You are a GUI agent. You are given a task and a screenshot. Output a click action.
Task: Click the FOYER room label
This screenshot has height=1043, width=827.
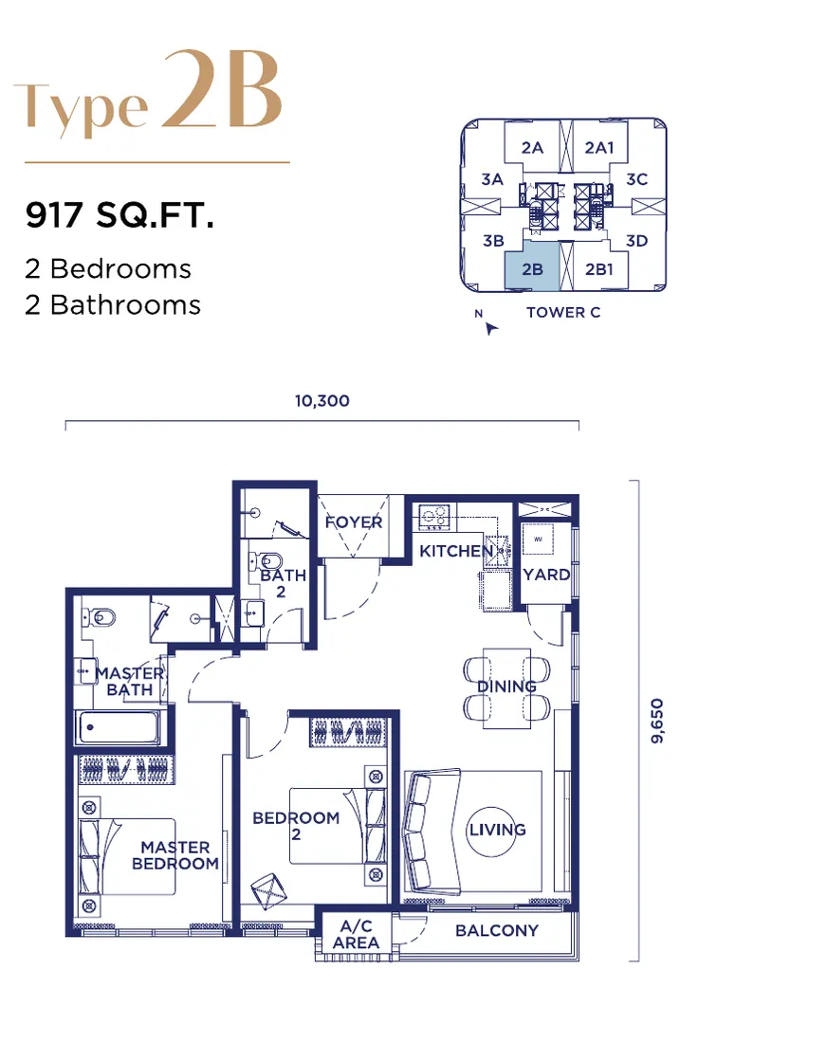click(354, 522)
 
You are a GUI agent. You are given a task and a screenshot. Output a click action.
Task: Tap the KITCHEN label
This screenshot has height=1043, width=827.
click(456, 551)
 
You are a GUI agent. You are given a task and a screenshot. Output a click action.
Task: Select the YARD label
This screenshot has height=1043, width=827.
click(546, 574)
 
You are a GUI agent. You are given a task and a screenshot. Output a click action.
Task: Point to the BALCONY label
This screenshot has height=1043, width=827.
click(496, 930)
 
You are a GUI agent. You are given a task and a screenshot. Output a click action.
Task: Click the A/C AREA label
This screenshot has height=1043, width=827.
click(356, 934)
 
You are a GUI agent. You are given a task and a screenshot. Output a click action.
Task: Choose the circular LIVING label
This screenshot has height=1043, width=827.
click(497, 830)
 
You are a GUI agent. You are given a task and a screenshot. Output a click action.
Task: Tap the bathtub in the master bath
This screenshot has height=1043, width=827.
click(119, 726)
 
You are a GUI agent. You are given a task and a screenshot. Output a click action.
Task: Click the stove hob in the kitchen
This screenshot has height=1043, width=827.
click(434, 517)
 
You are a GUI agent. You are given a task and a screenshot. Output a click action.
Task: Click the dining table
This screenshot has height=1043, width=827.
click(507, 688)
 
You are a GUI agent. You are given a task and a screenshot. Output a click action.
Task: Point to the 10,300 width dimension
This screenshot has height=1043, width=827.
click(322, 400)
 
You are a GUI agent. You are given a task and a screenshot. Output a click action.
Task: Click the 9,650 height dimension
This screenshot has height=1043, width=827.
click(656, 721)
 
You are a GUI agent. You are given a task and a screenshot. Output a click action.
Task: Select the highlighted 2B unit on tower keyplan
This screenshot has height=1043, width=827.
click(532, 266)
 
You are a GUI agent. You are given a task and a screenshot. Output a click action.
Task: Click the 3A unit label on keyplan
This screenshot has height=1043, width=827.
click(492, 179)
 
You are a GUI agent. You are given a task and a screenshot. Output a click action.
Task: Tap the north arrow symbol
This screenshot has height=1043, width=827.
click(490, 328)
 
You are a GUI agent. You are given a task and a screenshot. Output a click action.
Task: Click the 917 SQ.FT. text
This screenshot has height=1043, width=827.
click(119, 215)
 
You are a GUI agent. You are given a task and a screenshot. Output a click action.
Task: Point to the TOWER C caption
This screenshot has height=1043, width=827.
click(562, 312)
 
